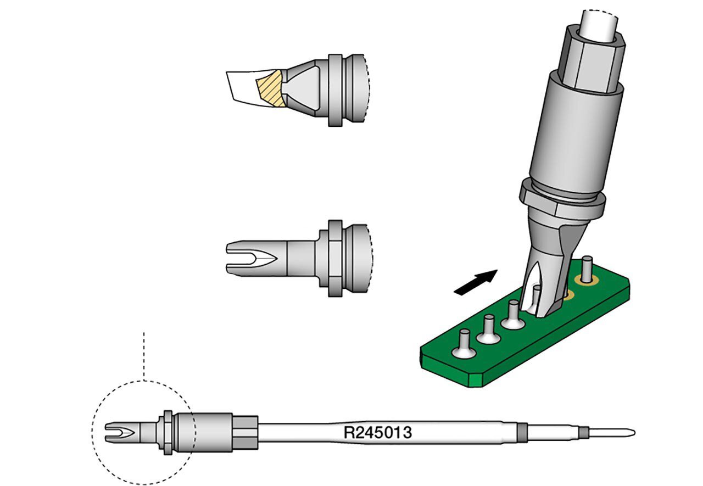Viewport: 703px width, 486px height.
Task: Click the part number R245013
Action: pyautogui.click(x=378, y=432)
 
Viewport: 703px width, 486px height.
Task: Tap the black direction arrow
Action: pyautogui.click(x=476, y=282)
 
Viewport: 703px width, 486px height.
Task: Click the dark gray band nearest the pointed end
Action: pyautogui.click(x=584, y=432)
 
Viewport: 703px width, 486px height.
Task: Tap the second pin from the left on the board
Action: pyautogui.click(x=488, y=329)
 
